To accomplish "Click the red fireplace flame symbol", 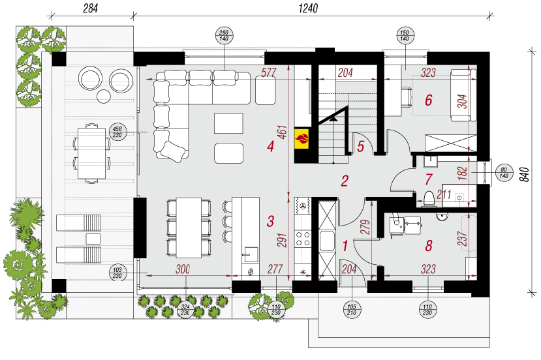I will [x=303, y=138].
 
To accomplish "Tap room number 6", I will [x=429, y=100].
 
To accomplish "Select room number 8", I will [x=429, y=246].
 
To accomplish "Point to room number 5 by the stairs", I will [x=361, y=146].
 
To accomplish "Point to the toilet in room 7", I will [x=429, y=198].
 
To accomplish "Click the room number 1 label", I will [x=345, y=246].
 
